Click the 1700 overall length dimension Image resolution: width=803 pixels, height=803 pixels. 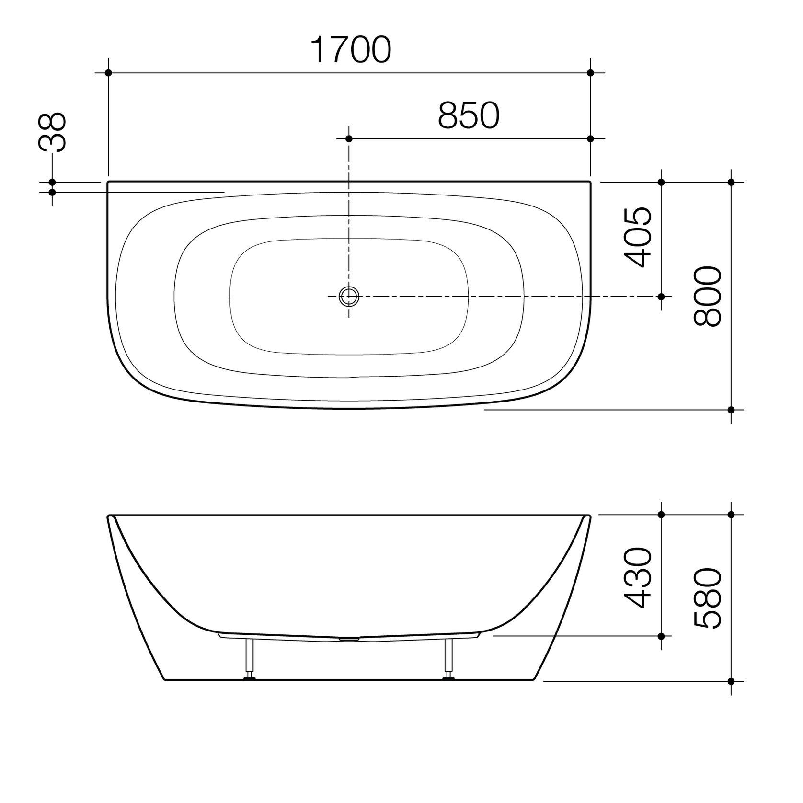351,50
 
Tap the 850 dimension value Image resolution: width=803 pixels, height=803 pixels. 469,116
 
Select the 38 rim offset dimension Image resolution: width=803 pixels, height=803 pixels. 52,133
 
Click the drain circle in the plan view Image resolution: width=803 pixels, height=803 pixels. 349,296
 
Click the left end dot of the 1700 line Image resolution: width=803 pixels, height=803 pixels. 108,73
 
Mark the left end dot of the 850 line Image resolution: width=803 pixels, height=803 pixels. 349,138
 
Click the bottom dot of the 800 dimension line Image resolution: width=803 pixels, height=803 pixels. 731,410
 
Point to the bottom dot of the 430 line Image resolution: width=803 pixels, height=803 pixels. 661,636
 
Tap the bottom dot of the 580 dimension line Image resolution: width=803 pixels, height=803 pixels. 731,681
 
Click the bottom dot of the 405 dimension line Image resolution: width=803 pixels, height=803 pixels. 661,296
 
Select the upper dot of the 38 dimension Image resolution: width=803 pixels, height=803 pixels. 52,182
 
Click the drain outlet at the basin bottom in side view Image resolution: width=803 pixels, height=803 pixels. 349,638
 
